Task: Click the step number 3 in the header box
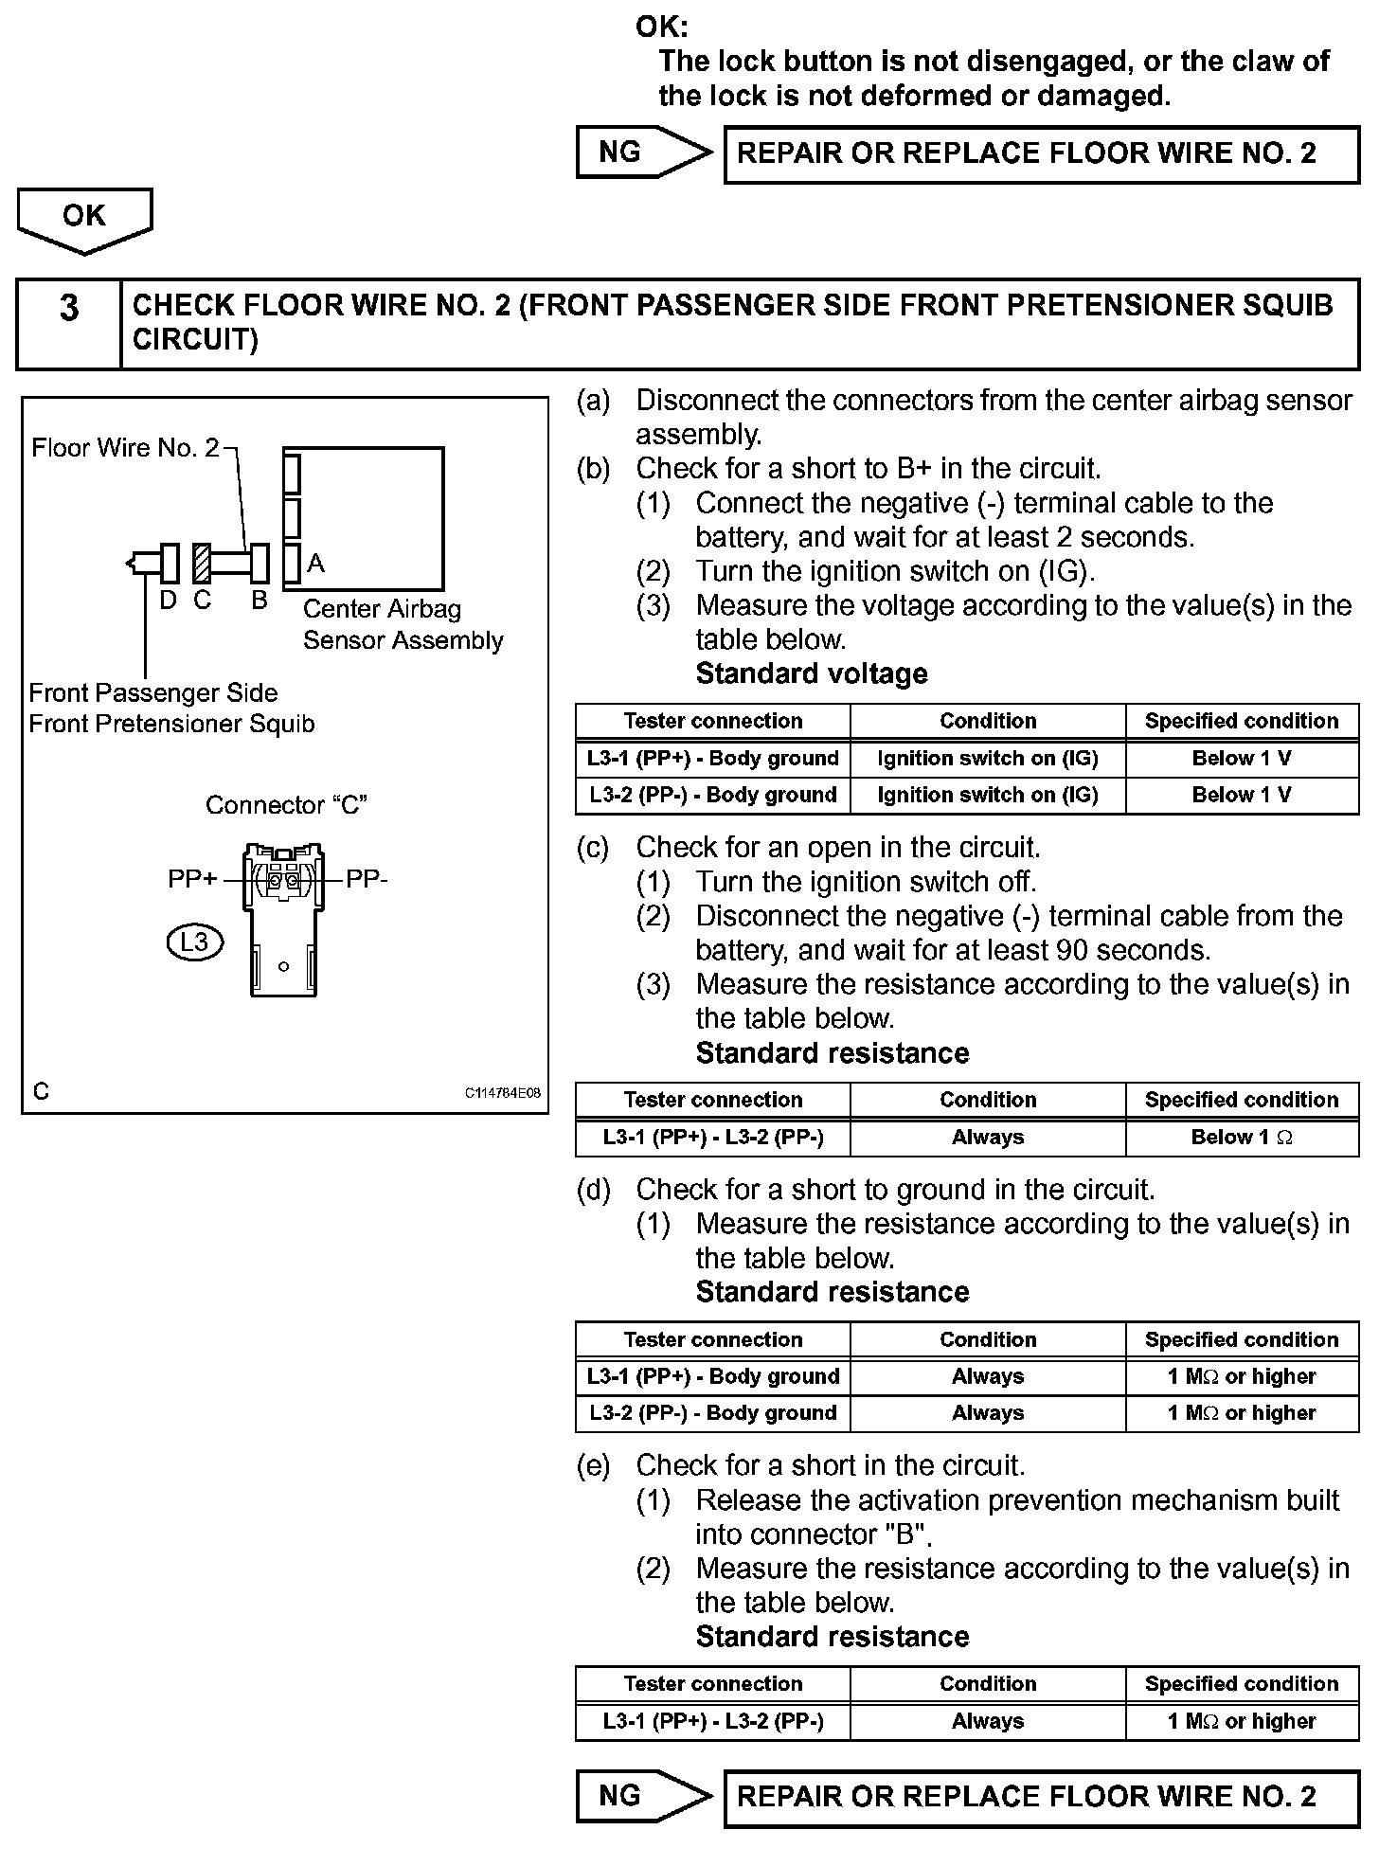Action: pyautogui.click(x=69, y=309)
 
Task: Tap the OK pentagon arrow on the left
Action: pyautogui.click(x=84, y=219)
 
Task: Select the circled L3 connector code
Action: pyautogui.click(x=194, y=942)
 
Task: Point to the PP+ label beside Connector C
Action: pyautogui.click(x=191, y=879)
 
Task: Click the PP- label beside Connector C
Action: pyautogui.click(x=367, y=879)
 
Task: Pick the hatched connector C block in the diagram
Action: pyautogui.click(x=202, y=564)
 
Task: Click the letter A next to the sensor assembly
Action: pyautogui.click(x=316, y=564)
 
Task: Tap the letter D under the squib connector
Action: pyautogui.click(x=168, y=601)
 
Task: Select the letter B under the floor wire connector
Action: pyautogui.click(x=259, y=601)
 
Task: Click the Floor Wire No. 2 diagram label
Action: pyautogui.click(x=125, y=447)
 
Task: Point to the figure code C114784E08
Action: pyautogui.click(x=502, y=1093)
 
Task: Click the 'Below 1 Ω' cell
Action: pyautogui.click(x=1242, y=1138)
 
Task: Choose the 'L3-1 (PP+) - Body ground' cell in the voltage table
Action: pyautogui.click(x=712, y=759)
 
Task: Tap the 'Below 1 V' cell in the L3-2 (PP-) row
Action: pyautogui.click(x=1242, y=795)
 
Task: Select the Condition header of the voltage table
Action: pyautogui.click(x=988, y=721)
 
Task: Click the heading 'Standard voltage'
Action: pyautogui.click(x=812, y=673)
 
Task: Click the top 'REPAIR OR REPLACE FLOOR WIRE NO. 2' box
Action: pyautogui.click(x=1041, y=153)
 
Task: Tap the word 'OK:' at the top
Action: pyautogui.click(x=662, y=27)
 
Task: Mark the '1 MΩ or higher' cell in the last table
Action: pyautogui.click(x=1242, y=1721)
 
